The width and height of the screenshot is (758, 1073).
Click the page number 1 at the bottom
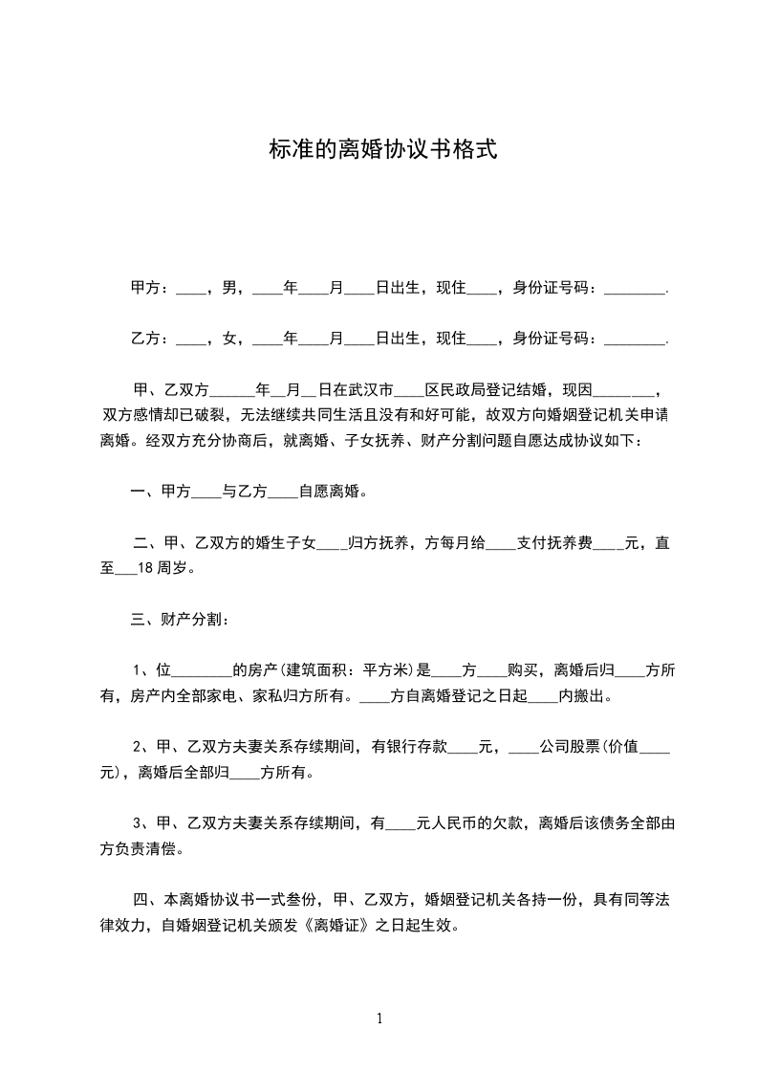click(379, 1018)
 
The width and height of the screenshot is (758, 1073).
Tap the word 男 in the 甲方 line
click(229, 287)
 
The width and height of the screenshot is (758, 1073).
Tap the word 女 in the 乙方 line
click(229, 338)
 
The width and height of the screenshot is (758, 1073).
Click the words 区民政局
click(455, 390)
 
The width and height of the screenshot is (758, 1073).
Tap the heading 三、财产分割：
click(179, 620)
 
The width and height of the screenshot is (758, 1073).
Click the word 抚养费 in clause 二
click(568, 543)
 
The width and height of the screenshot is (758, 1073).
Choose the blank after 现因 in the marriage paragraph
click(628, 391)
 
